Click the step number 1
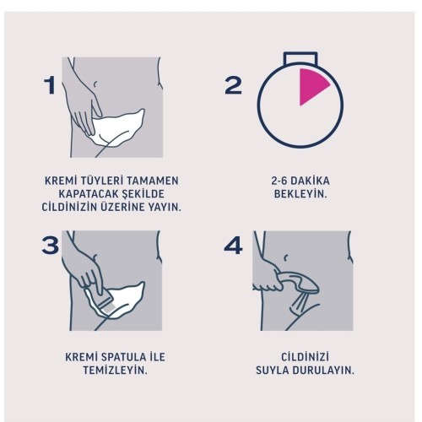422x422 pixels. pyautogui.click(x=51, y=85)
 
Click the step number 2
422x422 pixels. pyautogui.click(x=233, y=85)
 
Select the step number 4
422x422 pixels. pyautogui.click(x=234, y=246)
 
